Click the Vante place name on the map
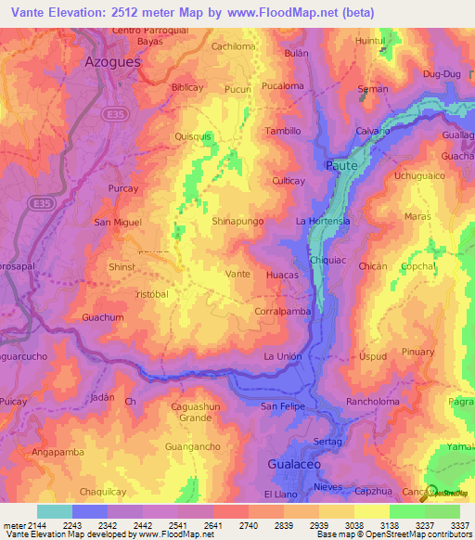(x=238, y=275)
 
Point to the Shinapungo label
(x=238, y=222)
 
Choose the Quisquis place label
(x=193, y=135)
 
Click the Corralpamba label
(x=283, y=313)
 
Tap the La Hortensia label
(x=322, y=222)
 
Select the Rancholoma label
(x=372, y=402)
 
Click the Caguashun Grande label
(x=196, y=412)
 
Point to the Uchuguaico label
(x=422, y=175)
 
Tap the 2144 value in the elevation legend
(x=24, y=526)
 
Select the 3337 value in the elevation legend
(x=461, y=526)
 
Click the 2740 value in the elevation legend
(x=232, y=526)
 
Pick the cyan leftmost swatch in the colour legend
(x=55, y=511)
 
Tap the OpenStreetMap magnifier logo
(x=432, y=493)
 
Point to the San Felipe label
(x=281, y=406)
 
